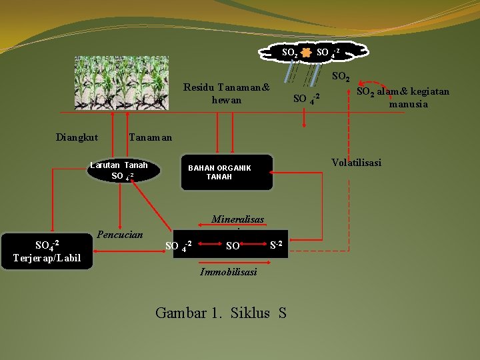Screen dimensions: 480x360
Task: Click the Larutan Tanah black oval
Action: pyautogui.click(x=124, y=171)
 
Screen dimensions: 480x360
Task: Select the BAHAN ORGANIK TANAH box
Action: pyautogui.click(x=227, y=173)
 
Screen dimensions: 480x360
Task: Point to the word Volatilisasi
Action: pyautogui.click(x=356, y=162)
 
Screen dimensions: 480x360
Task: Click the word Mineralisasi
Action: pyautogui.click(x=237, y=219)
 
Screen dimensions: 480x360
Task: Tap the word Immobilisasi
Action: pyautogui.click(x=229, y=272)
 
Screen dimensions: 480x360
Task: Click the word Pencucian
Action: pyautogui.click(x=120, y=235)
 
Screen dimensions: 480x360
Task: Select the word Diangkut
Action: pyautogui.click(x=77, y=137)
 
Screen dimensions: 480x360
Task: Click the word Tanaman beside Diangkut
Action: pyautogui.click(x=150, y=137)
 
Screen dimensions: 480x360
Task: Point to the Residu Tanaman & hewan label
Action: pyautogui.click(x=227, y=94)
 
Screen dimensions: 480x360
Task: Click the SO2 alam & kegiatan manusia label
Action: pyautogui.click(x=403, y=98)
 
